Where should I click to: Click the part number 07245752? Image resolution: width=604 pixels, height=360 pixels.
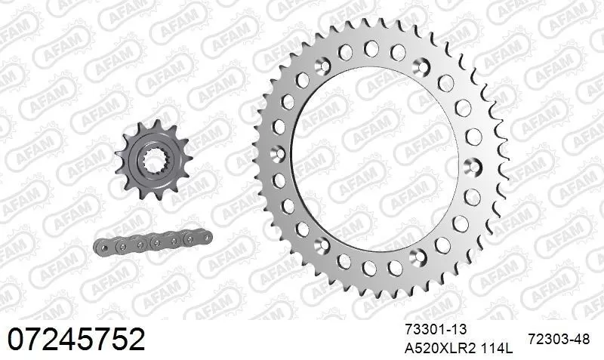point(75,340)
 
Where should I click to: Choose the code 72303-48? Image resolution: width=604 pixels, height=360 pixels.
point(559,340)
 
